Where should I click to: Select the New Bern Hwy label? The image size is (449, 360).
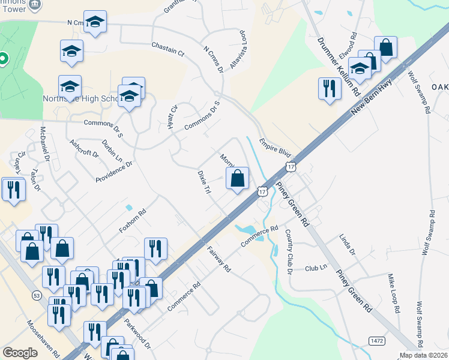(372, 95)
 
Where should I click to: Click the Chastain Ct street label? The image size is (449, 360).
(167, 49)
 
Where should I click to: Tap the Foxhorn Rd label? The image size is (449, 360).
(133, 221)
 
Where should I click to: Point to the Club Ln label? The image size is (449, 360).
(316, 268)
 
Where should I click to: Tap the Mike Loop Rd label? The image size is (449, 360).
(393, 293)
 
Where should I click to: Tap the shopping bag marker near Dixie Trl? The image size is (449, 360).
(238, 178)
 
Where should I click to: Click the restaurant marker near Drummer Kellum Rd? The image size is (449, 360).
(328, 89)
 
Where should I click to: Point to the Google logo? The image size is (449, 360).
(20, 353)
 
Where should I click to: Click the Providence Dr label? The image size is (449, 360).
(113, 171)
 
